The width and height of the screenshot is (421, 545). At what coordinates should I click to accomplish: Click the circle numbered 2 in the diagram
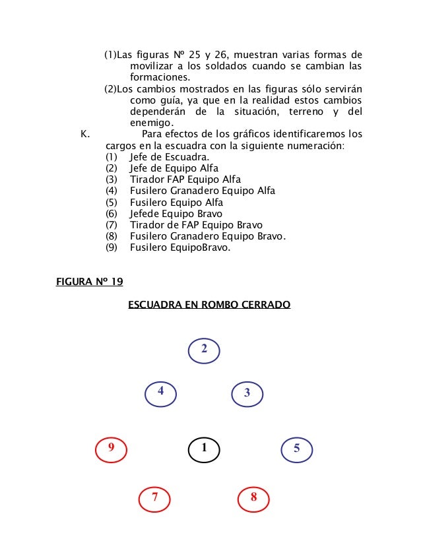[205, 350]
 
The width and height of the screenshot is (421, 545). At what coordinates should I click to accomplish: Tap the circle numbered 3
[247, 393]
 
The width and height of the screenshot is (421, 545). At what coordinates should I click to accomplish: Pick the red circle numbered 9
[112, 449]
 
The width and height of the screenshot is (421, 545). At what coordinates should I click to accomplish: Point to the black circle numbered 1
[204, 449]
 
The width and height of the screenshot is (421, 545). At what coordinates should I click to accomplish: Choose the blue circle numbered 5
[297, 449]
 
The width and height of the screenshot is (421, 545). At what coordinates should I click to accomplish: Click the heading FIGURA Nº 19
[90, 282]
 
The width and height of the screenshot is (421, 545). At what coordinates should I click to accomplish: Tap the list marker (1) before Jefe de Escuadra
[111, 157]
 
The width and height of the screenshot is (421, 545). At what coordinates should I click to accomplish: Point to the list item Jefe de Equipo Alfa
[174, 168]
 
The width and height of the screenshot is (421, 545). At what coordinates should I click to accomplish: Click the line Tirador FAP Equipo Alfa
[185, 179]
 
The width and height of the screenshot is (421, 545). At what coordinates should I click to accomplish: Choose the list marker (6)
[111, 214]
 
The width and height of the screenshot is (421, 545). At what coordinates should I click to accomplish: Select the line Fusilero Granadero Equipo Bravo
[208, 236]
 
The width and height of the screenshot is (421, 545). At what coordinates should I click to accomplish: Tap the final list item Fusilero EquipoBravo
[180, 247]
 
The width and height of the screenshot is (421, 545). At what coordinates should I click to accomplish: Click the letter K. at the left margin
[84, 134]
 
